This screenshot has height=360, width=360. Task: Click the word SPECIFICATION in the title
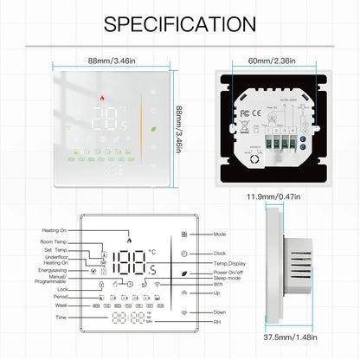click(x=179, y=23)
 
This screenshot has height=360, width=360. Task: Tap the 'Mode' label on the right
click(x=220, y=235)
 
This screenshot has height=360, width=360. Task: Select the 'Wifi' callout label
click(x=219, y=282)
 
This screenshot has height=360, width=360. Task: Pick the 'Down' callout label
click(x=220, y=312)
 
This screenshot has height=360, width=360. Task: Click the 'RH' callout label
click(x=217, y=321)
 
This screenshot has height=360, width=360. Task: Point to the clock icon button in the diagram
click(x=184, y=254)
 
